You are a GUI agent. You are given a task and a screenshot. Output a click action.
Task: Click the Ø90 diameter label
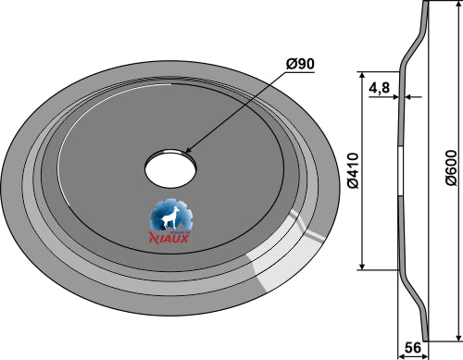click(300, 64)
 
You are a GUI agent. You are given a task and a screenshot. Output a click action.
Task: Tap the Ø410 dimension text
click(353, 170)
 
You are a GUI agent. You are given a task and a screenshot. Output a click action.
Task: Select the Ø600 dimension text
click(451, 168)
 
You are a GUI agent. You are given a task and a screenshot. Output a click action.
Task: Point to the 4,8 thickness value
click(380, 88)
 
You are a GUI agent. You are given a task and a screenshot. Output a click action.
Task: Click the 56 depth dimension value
click(413, 348)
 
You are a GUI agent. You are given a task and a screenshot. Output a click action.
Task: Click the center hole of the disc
click(170, 168)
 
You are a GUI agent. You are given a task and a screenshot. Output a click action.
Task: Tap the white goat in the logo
click(169, 217)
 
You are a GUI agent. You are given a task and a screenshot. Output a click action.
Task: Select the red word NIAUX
click(169, 238)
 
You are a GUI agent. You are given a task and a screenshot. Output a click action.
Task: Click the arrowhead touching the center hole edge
click(189, 150)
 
